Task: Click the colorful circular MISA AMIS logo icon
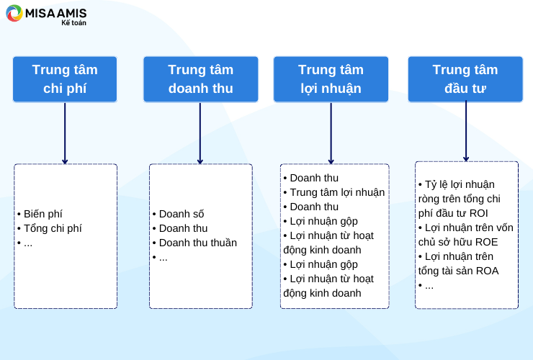pos(14,13)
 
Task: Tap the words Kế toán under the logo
pos(73,23)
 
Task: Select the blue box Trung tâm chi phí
pos(65,79)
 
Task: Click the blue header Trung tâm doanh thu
pos(200,79)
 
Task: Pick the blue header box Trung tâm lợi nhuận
pos(331,79)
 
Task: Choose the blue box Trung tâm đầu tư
pos(465,79)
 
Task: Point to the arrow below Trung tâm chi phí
pos(65,133)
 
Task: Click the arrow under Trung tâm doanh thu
pos(200,133)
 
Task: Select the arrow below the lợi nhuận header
pos(331,133)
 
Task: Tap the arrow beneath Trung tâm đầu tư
pos(466,131)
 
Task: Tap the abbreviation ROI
pos(478,213)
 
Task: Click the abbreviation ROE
pos(486,242)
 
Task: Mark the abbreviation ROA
pos(487,271)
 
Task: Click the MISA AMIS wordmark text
pos(55,13)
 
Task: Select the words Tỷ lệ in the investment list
pos(436,184)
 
